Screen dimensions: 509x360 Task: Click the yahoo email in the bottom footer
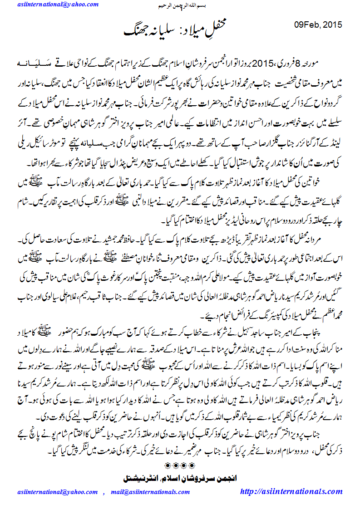click(56, 492)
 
